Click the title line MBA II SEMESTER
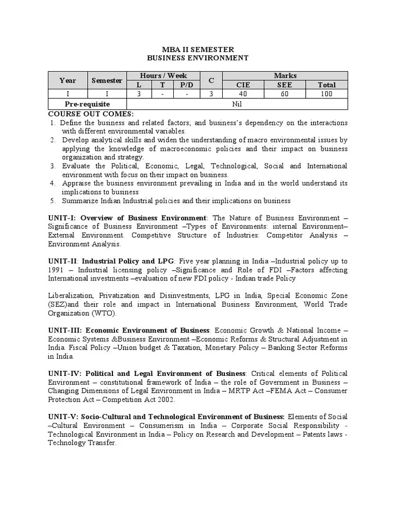[197, 49]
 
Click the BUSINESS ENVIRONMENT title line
[197, 58]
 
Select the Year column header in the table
[68, 80]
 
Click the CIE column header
[243, 85]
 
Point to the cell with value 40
[243, 94]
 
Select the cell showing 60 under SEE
[285, 94]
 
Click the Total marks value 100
[326, 94]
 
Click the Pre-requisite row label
[87, 104]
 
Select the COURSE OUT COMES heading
[91, 113]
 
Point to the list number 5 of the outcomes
[53, 201]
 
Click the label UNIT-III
[65, 330]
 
